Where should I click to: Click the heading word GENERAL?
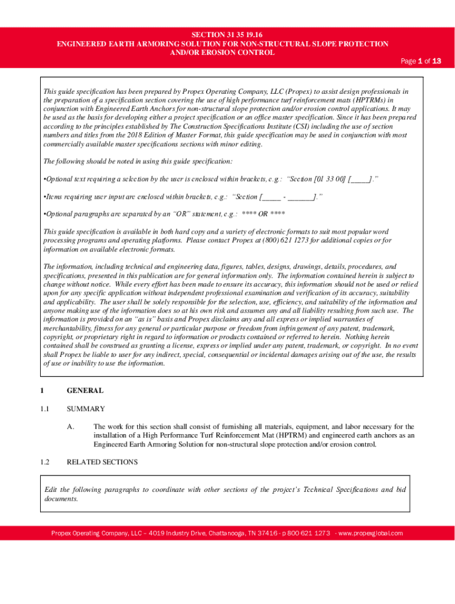85,390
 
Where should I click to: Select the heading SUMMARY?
86,409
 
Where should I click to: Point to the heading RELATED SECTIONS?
102,462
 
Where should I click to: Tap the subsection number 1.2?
44,462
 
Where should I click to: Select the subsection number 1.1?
44,409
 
